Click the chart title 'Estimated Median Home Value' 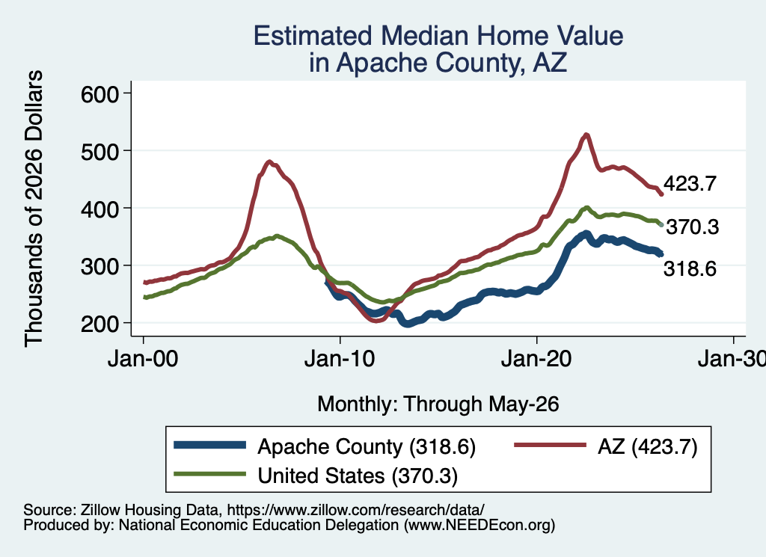pyautogui.click(x=438, y=36)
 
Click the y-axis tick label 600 pyautogui.click(x=100, y=93)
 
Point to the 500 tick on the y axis pyautogui.click(x=100, y=151)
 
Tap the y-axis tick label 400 pyautogui.click(x=100, y=209)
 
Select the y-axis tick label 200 pyautogui.click(x=100, y=323)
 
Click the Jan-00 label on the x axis pyautogui.click(x=143, y=359)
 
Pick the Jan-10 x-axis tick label pyautogui.click(x=340, y=359)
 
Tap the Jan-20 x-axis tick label pyautogui.click(x=536, y=359)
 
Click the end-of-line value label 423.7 pyautogui.click(x=690, y=184)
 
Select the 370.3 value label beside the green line pyautogui.click(x=693, y=227)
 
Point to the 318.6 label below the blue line pyautogui.click(x=690, y=268)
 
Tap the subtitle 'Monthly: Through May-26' pyautogui.click(x=438, y=404)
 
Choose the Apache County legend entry pyautogui.click(x=325, y=446)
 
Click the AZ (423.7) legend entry pyautogui.click(x=606, y=446)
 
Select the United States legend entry pyautogui.click(x=316, y=476)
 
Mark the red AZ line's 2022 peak pyautogui.click(x=586, y=135)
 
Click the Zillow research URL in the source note pyautogui.click(x=355, y=510)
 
